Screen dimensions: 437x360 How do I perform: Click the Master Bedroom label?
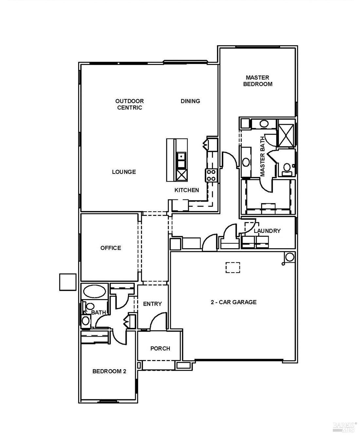[x=258, y=81]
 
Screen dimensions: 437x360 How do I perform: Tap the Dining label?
[x=190, y=101]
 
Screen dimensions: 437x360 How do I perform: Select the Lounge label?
[x=124, y=172]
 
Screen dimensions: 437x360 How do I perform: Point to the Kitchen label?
[x=187, y=190]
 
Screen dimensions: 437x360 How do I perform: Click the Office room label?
[x=111, y=248]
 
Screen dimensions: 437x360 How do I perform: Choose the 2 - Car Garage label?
[x=233, y=302]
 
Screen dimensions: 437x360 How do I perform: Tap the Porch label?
[x=160, y=349]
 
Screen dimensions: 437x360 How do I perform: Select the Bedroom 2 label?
[x=109, y=371]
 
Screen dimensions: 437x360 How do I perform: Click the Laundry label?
[x=267, y=231]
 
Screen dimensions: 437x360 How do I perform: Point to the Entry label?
[x=152, y=304]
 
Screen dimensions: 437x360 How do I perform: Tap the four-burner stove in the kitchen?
[x=211, y=175]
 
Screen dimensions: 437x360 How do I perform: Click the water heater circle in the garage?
[x=290, y=257]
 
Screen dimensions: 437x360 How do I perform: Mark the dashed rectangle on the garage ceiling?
[x=233, y=267]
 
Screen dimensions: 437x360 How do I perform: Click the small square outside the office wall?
[x=68, y=282]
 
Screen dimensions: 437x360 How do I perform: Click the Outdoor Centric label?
[x=129, y=104]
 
